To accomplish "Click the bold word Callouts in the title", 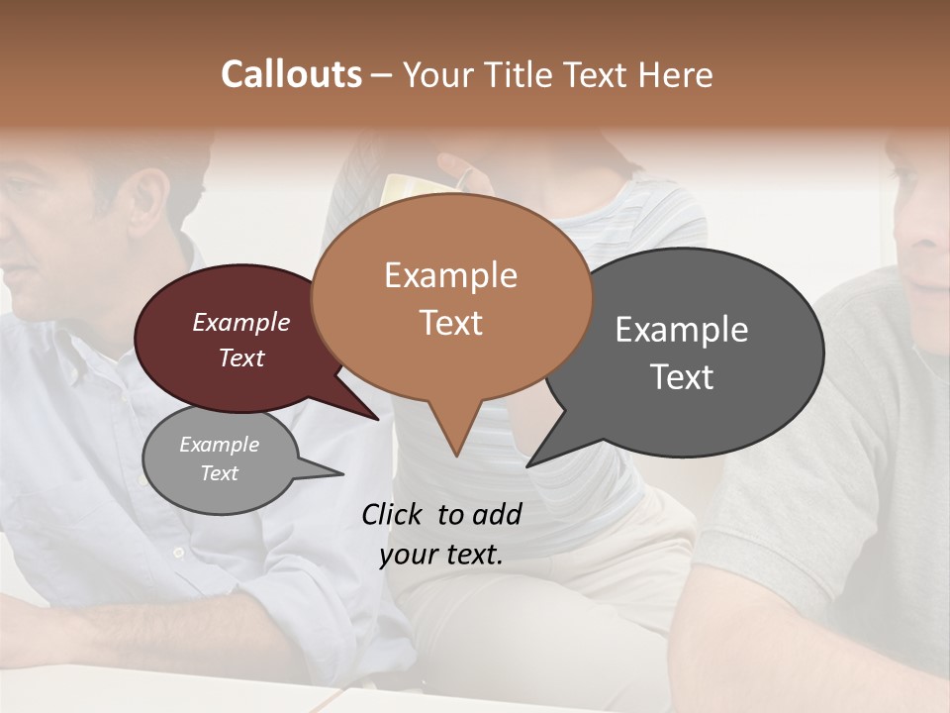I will tap(291, 74).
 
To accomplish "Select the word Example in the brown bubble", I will tap(450, 275).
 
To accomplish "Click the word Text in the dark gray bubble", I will tap(682, 377).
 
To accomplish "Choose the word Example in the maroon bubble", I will tap(240, 322).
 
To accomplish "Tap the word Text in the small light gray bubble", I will tap(219, 473).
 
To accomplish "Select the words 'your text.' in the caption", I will tap(440, 555).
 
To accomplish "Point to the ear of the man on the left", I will tap(148, 198).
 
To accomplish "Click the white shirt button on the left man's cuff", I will tap(178, 552).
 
